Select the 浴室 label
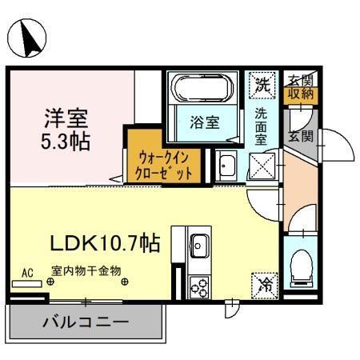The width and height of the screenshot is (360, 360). click(x=204, y=123)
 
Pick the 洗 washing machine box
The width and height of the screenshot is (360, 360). click(x=261, y=82)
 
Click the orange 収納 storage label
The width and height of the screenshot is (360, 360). click(x=302, y=94)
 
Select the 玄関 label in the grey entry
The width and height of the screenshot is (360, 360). click(x=301, y=135)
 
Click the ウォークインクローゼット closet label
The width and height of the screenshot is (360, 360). click(x=164, y=164)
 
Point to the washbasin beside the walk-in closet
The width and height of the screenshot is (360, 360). click(x=225, y=166)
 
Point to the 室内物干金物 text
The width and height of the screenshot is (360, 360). click(x=86, y=271)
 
